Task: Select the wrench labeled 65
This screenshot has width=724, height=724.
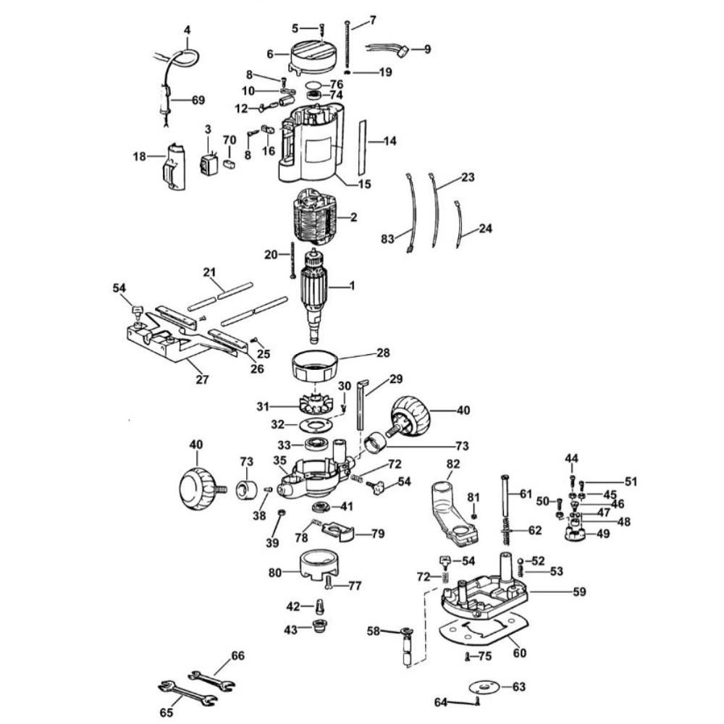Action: (x=188, y=691)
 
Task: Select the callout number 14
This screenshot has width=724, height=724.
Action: (x=390, y=141)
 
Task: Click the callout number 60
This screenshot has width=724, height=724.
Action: (x=519, y=652)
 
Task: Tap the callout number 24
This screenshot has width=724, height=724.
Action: (x=485, y=229)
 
